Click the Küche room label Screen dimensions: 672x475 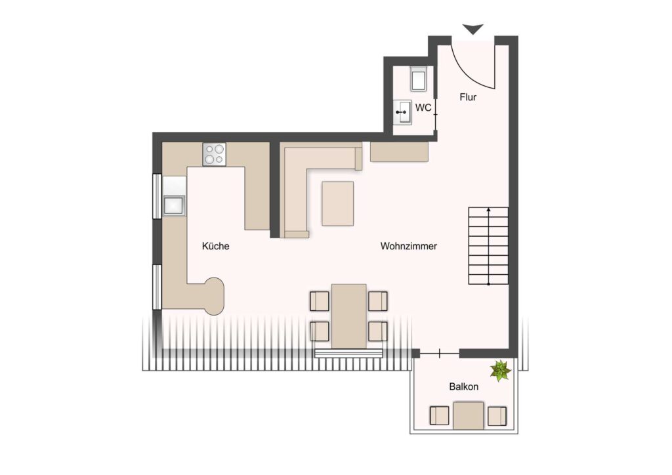tap(215, 246)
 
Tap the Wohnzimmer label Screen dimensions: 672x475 tap(408, 246)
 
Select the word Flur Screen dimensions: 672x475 tap(468, 97)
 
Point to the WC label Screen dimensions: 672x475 tap(423, 108)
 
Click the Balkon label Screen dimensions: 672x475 tap(464, 387)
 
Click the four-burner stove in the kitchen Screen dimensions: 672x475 tap(215, 154)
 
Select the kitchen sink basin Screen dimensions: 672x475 tap(173, 205)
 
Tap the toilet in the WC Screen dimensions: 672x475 tap(418, 78)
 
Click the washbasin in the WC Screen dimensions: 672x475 tap(402, 112)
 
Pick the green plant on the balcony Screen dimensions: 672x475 tap(501, 371)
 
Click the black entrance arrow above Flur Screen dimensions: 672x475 tap(473, 29)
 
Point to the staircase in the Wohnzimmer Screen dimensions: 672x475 tap(488, 246)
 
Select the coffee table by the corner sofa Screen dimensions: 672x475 tap(338, 203)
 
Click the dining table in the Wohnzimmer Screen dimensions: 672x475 tap(349, 316)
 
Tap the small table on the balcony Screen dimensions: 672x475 tap(469, 415)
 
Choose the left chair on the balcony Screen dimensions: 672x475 tap(439, 415)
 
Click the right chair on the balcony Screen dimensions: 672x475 tap(497, 415)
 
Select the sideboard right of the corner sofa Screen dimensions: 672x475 tap(400, 152)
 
